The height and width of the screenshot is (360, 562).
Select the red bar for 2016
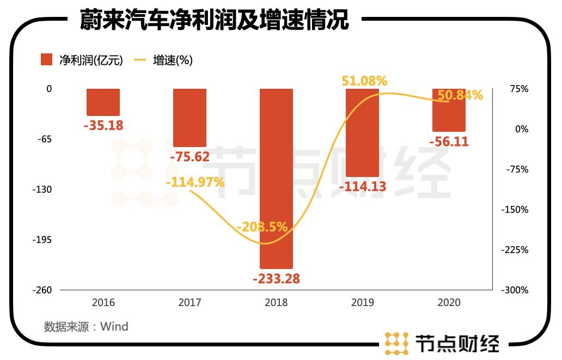[103, 102]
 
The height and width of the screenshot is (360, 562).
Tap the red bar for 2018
[276, 179]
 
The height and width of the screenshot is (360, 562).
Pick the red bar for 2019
[363, 132]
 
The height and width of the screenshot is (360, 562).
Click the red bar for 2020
[449, 110]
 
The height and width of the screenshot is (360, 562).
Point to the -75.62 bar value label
[190, 157]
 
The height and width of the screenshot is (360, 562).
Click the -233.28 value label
[276, 279]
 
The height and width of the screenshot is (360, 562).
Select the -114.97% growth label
[195, 182]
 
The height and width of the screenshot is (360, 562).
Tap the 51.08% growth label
[364, 81]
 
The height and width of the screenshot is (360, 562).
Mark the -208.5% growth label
[262, 227]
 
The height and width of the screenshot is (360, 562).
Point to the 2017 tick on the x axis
[190, 302]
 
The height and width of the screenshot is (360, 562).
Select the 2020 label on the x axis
[449, 302]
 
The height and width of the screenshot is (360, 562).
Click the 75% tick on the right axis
[518, 89]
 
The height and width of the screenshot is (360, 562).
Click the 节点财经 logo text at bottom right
[457, 343]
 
